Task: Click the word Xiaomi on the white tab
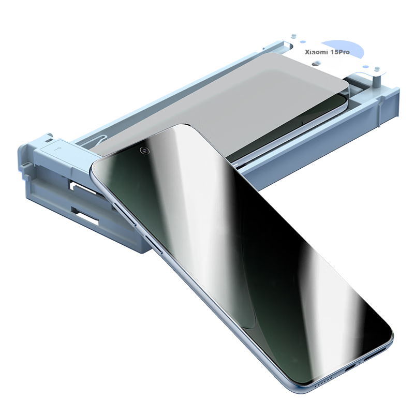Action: (316, 52)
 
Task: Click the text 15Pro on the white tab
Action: (339, 52)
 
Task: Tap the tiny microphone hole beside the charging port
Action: (360, 364)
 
